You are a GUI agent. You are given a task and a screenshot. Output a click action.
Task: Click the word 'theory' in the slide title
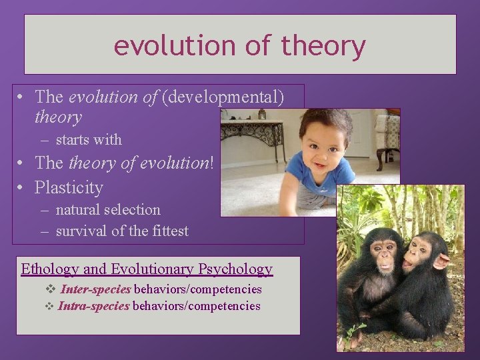coord(323,46)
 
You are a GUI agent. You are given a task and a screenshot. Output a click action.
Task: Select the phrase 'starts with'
coord(89,140)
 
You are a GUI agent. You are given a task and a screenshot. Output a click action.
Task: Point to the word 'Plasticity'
coord(69,187)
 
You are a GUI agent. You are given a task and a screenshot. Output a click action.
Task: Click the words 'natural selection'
coord(108,210)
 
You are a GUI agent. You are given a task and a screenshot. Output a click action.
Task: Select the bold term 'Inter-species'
coord(96,290)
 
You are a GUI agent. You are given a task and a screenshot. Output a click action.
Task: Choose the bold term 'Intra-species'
coord(94,307)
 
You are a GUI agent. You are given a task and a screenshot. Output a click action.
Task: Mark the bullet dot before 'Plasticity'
coord(22,187)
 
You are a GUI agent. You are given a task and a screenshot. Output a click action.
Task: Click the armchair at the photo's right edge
coord(387,137)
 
